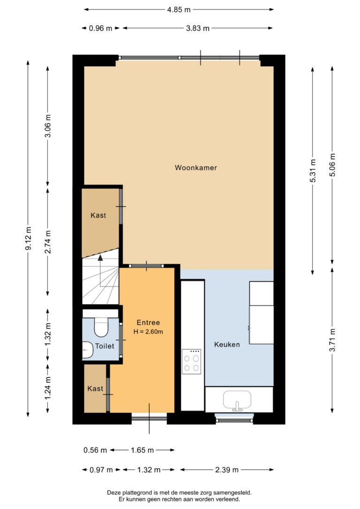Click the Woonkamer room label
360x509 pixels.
(x=196, y=168)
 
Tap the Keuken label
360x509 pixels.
(x=227, y=344)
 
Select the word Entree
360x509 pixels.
(x=148, y=322)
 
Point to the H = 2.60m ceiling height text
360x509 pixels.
(x=148, y=332)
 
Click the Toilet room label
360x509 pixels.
(x=105, y=346)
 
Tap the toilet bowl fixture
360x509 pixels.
(x=101, y=327)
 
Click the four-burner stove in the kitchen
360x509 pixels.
(x=192, y=362)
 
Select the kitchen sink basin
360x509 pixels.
(x=237, y=400)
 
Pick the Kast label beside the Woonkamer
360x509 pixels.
(x=98, y=215)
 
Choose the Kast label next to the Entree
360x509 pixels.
(x=95, y=389)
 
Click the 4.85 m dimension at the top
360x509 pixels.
(x=179, y=10)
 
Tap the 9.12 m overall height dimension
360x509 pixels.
(x=28, y=239)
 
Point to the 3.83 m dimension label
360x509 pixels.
(x=198, y=28)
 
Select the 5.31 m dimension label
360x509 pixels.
(x=313, y=171)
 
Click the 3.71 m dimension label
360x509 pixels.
(x=332, y=340)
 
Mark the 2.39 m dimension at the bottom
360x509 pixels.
(x=227, y=470)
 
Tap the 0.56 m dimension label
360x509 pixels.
(x=95, y=450)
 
